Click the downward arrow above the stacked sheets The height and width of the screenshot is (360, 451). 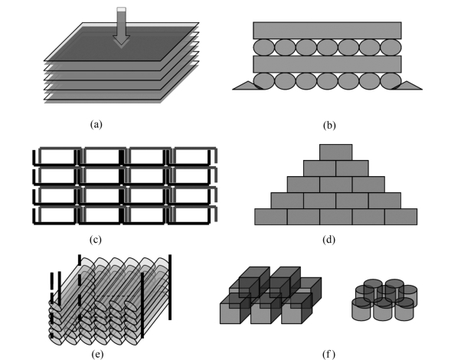tap(122, 27)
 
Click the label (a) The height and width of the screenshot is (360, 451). tap(96, 125)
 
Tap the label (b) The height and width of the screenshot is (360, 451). tap(329, 125)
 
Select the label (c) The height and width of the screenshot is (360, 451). tap(96, 240)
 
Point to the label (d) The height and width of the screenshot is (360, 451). tap(328, 240)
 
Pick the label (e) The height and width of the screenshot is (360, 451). tap(97, 354)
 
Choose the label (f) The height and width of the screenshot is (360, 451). tap(328, 354)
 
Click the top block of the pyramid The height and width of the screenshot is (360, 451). tap(335, 152)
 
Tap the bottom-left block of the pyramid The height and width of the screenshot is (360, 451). tap(270, 217)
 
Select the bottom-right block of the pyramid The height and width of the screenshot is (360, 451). tap(401, 217)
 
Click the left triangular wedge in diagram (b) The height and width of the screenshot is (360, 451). tap(247, 86)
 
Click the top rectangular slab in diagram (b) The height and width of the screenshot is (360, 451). tap(327, 30)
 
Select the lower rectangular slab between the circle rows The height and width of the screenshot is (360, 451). tap(327, 64)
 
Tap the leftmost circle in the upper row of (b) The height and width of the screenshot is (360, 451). tap(263, 47)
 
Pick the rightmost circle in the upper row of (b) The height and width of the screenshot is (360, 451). tap(391, 47)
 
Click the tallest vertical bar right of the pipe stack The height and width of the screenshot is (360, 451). tap(170, 287)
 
